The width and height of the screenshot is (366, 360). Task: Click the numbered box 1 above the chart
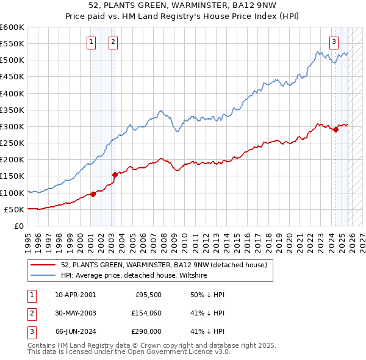(91, 42)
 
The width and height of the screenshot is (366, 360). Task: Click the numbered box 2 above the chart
(113, 42)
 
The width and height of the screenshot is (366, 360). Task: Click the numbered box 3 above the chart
(334, 42)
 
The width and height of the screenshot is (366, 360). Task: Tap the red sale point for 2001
(93, 194)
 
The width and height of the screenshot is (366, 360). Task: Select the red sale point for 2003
(115, 175)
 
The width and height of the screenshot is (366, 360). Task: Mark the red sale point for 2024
(335, 129)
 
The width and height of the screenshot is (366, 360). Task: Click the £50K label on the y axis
(14, 209)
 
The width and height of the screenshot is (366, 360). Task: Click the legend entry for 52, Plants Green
(163, 265)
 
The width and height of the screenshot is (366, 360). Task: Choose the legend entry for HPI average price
(134, 276)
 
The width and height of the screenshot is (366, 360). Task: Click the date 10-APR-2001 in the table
(75, 294)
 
